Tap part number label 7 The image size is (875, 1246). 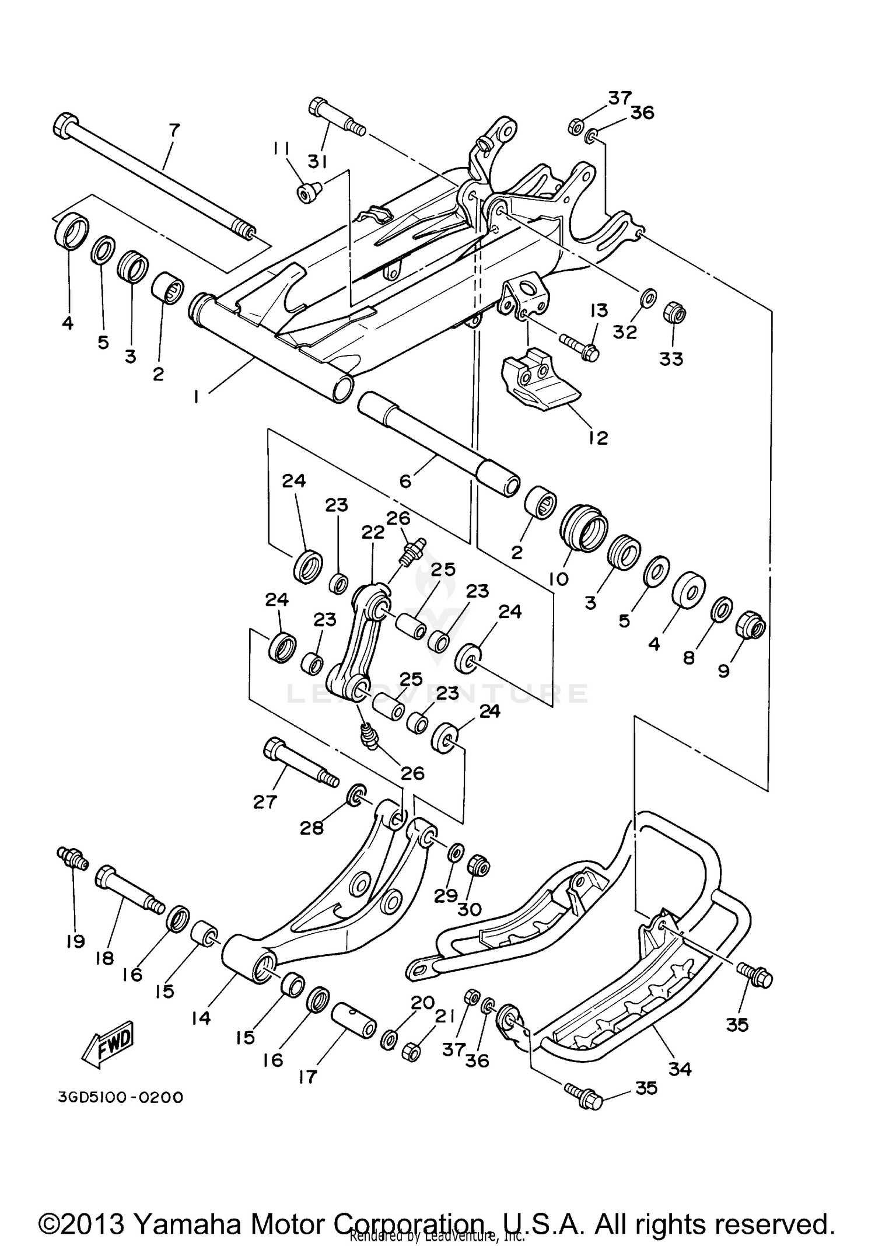coord(174,130)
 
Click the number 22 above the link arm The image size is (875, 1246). coord(373,532)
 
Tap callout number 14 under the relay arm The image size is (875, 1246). coord(201,1017)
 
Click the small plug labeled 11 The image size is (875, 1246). coord(307,193)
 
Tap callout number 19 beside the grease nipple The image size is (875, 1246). coord(76,941)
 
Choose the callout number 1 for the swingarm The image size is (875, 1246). coord(196,397)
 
